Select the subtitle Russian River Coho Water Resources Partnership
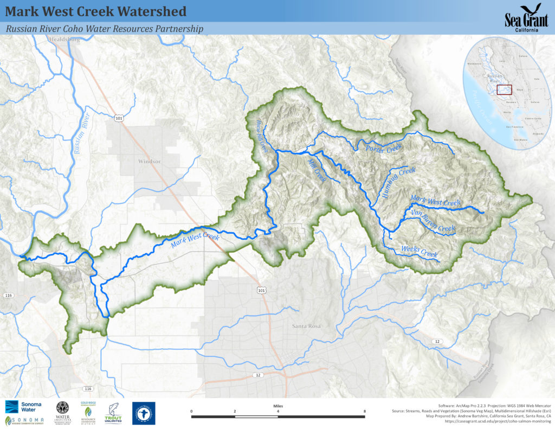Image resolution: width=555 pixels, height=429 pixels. (104, 29)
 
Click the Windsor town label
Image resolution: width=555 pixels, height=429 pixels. (150, 161)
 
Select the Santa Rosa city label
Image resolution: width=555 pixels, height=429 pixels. (306, 326)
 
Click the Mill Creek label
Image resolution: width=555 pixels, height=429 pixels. (317, 171)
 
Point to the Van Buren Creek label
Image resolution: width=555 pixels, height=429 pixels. (433, 220)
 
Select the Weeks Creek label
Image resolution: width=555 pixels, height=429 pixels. (419, 252)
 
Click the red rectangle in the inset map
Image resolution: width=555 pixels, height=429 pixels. (505, 89)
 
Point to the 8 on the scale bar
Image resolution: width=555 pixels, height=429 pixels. (364, 411)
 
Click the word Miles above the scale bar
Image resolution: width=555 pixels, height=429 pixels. (278, 405)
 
